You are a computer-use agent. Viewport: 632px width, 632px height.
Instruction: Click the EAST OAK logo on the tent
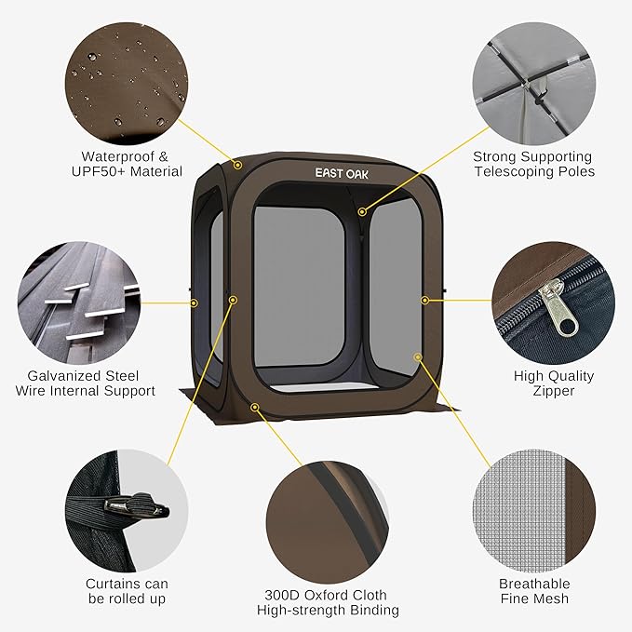[342, 173]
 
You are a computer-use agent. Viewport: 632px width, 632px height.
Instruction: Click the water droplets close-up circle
[127, 84]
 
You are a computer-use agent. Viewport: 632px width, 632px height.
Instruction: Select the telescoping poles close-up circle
[534, 84]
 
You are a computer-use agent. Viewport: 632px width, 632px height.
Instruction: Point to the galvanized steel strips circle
[79, 303]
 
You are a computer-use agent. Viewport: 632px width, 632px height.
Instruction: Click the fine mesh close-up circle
[534, 511]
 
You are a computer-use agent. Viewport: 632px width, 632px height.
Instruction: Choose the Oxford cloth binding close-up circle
[328, 522]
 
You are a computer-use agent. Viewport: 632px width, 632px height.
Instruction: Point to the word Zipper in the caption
[554, 391]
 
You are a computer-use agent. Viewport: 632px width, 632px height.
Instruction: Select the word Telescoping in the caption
[514, 171]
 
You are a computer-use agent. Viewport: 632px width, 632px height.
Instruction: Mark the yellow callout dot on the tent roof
[237, 165]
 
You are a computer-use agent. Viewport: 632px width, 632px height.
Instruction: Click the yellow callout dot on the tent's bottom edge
[254, 408]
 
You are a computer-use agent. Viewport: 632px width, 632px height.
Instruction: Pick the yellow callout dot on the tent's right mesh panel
[418, 357]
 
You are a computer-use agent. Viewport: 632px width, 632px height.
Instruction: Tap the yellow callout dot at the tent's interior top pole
[362, 211]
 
